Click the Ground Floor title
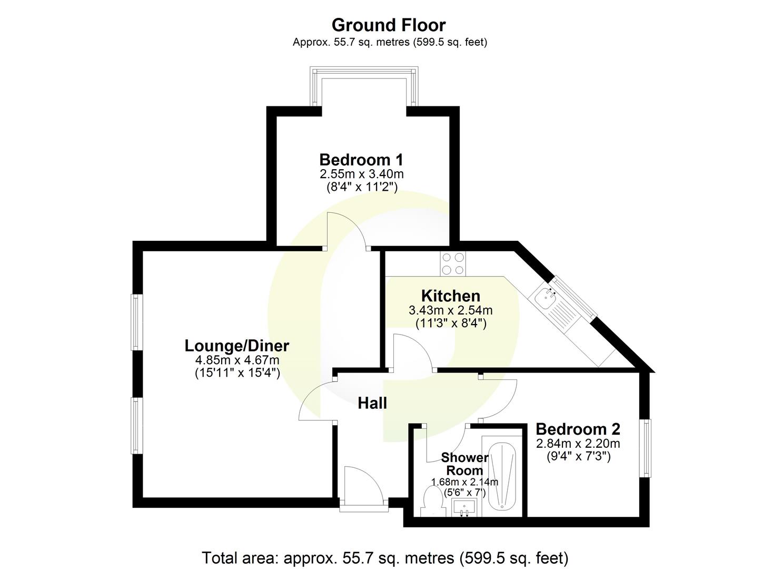tap(389, 25)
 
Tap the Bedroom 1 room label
tap(361, 159)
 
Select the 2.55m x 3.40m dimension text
tap(361, 174)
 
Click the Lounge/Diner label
tap(237, 346)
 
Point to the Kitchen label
tap(450, 296)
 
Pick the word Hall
tap(372, 403)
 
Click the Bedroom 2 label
tap(578, 429)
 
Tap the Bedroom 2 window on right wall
tap(646, 448)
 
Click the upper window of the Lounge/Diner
tap(136, 321)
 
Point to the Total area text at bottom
tap(385, 557)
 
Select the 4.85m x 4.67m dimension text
tap(237, 360)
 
